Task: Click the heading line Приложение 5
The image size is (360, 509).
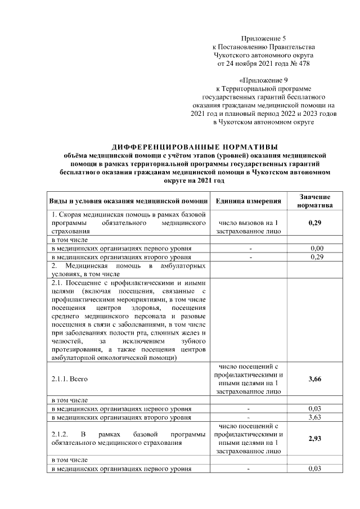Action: pyautogui.click(x=264, y=37)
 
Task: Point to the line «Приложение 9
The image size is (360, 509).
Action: pyautogui.click(x=264, y=80)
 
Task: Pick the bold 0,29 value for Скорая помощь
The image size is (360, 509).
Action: pyautogui.click(x=314, y=223)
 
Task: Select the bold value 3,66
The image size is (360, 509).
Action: pyautogui.click(x=314, y=379)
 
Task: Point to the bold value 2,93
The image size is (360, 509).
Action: pyautogui.click(x=314, y=439)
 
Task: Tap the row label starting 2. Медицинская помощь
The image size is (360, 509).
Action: pyautogui.click(x=128, y=269)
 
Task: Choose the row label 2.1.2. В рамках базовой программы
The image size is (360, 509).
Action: pyautogui.click(x=128, y=439)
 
